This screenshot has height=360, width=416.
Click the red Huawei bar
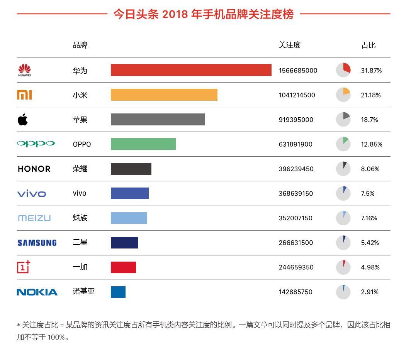pyautogui.click(x=191, y=70)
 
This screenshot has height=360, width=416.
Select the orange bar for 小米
pyautogui.click(x=164, y=95)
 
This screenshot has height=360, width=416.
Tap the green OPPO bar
pyautogui.click(x=143, y=144)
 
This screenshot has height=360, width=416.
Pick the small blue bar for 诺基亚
pyautogui.click(x=118, y=292)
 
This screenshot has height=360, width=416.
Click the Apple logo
pyautogui.click(x=23, y=120)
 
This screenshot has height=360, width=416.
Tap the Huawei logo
pyautogui.click(x=24, y=70)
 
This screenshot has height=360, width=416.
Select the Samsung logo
pyautogui.click(x=37, y=243)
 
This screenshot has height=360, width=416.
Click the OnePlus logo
pyautogui.click(x=24, y=267)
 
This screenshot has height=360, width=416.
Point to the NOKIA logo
pyautogui.click(x=37, y=292)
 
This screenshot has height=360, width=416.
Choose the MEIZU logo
pyautogui.click(x=34, y=218)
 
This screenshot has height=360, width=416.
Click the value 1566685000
pyautogui.click(x=298, y=71)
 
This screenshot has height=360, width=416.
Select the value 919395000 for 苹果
pyautogui.click(x=296, y=120)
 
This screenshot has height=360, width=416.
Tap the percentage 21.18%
pyautogui.click(x=371, y=95)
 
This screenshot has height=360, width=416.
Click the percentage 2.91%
pyautogui.click(x=370, y=292)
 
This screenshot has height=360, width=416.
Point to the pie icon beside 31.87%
pyautogui.click(x=343, y=70)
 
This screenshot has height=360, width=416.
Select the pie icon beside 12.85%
pyautogui.click(x=343, y=144)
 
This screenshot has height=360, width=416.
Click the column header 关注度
pyautogui.click(x=289, y=45)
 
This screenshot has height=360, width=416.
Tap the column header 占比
pyautogui.click(x=368, y=45)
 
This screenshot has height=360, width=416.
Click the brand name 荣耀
pyautogui.click(x=80, y=169)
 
